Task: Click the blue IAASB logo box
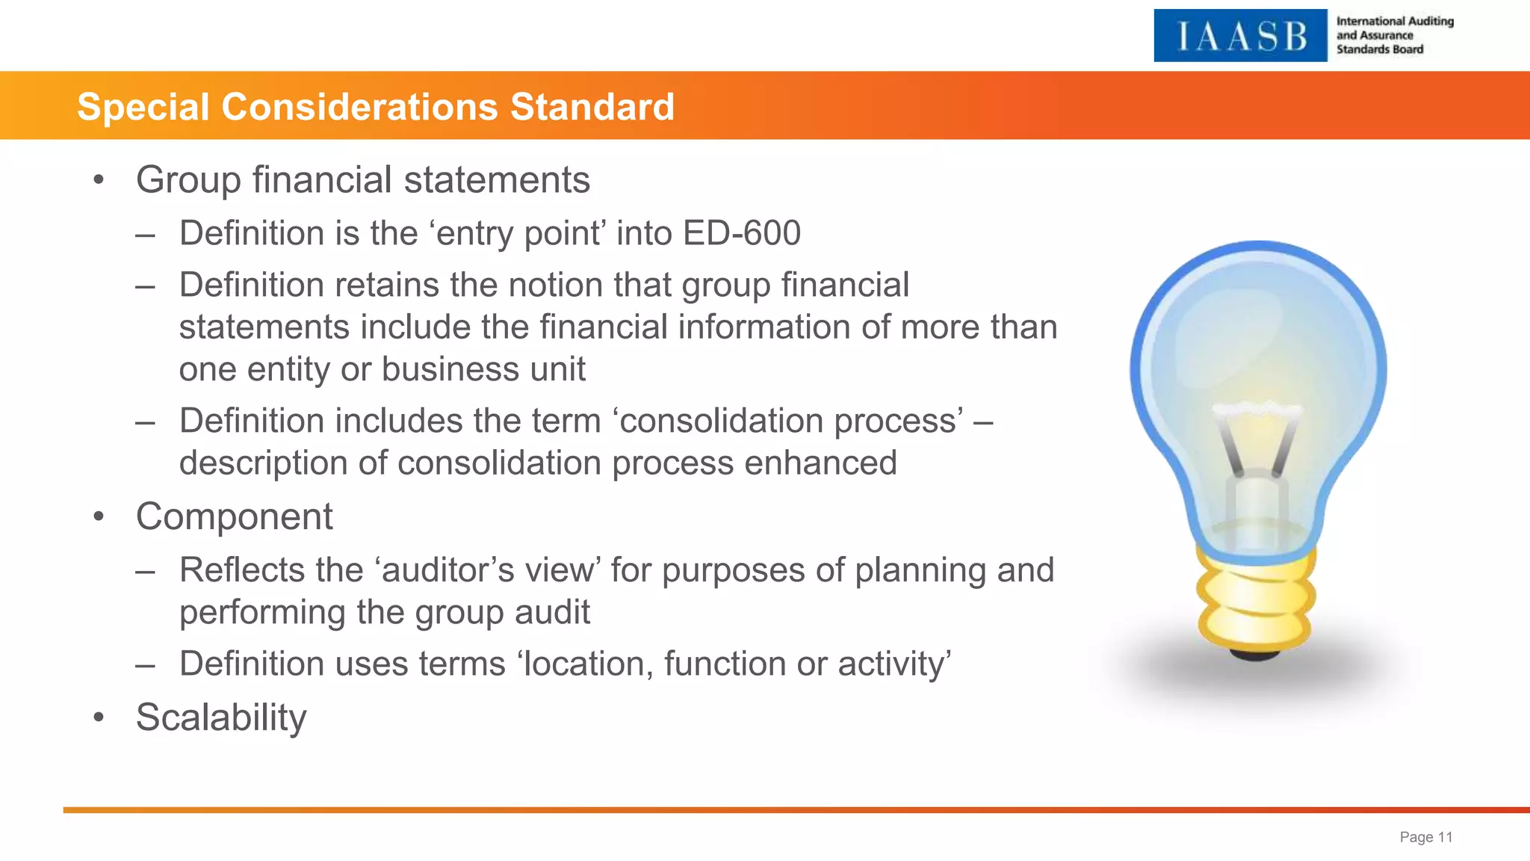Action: (1240, 36)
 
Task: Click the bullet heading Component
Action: (234, 516)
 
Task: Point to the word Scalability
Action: (221, 717)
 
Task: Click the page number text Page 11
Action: (1425, 837)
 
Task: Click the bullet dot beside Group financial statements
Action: (99, 180)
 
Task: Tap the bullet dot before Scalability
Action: (99, 717)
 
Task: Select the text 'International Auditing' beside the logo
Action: (1395, 21)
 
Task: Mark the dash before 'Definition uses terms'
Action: (146, 664)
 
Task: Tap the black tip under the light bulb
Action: (1255, 655)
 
